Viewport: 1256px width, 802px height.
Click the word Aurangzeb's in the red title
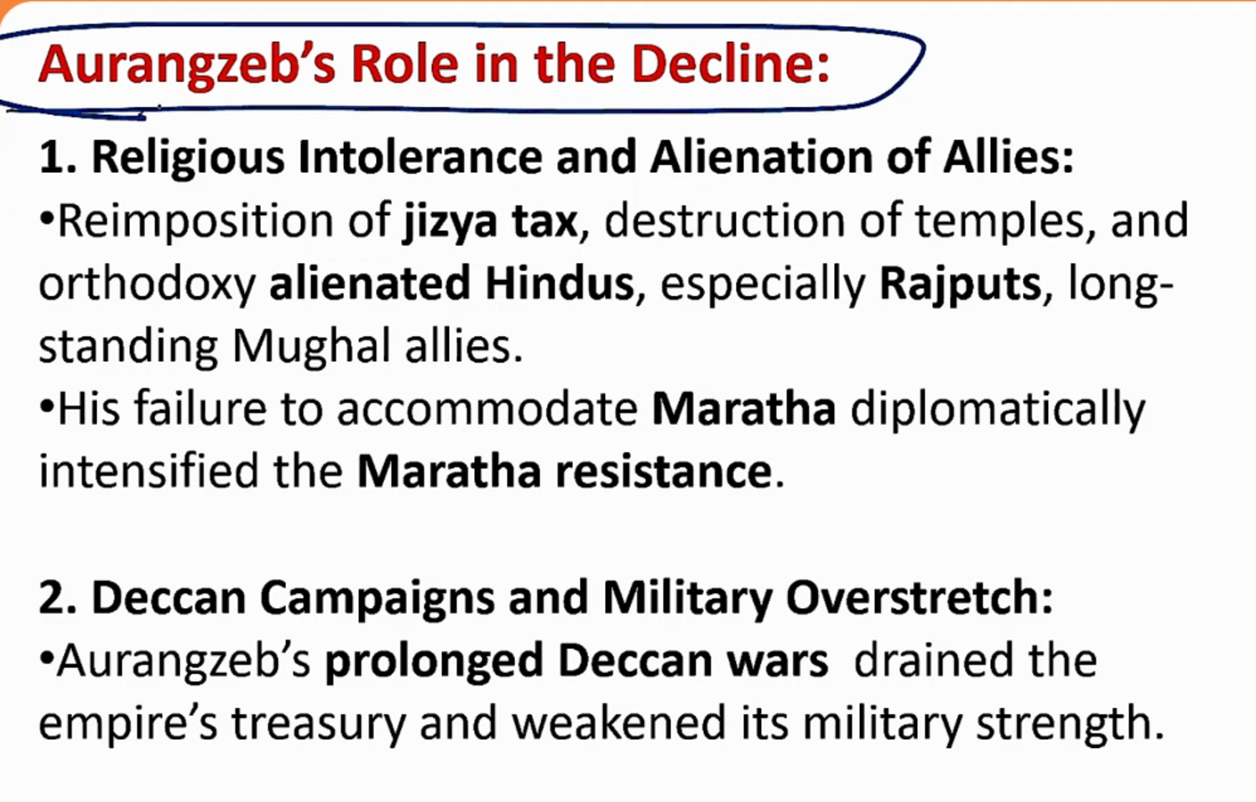pos(187,66)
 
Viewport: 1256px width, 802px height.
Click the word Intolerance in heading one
pos(420,156)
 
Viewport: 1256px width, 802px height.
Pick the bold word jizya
pos(450,223)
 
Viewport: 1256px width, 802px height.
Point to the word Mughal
pos(310,346)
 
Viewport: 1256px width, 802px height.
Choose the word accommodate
pos(487,409)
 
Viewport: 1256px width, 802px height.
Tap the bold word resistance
pos(664,471)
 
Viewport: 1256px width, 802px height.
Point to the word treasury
pos(319,725)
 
